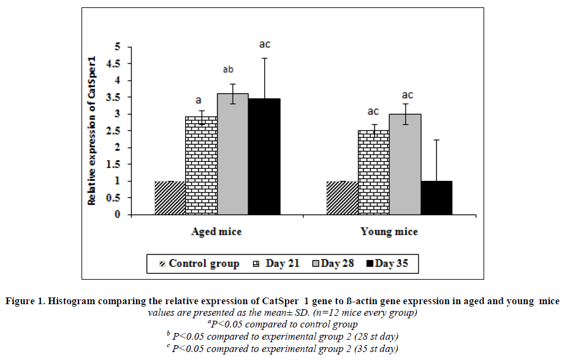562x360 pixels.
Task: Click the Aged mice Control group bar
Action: coord(170,198)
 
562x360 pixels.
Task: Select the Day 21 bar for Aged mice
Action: coord(201,166)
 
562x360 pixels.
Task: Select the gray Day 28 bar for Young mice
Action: coord(405,164)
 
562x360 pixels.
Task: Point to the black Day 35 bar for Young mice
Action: coord(436,198)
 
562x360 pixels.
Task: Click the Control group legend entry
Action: coord(199,264)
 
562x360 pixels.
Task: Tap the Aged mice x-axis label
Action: coord(216,232)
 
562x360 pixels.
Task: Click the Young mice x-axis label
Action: coord(389,232)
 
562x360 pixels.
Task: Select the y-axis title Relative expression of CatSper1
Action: coord(91,131)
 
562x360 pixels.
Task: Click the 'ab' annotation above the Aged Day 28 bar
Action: coord(232,69)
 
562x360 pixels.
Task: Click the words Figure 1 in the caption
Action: coord(25,301)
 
